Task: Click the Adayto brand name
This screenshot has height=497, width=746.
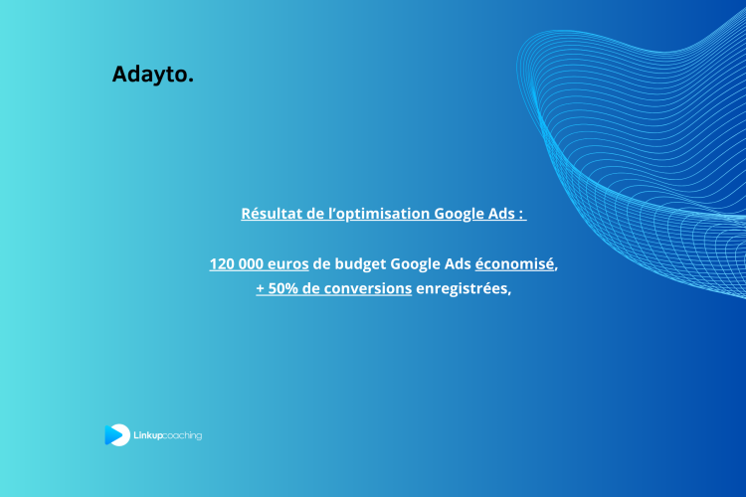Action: pyautogui.click(x=149, y=75)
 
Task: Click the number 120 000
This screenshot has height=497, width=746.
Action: pyautogui.click(x=237, y=264)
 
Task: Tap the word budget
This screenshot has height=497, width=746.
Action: pyautogui.click(x=361, y=264)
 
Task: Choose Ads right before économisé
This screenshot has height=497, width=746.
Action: pyautogui.click(x=459, y=264)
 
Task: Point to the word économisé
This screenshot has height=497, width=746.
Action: pyautogui.click(x=514, y=264)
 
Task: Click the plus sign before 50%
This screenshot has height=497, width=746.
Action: pyautogui.click(x=261, y=289)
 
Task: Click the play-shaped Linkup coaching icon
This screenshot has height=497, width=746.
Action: pyautogui.click(x=116, y=434)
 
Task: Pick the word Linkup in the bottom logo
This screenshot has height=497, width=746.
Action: pyautogui.click(x=148, y=435)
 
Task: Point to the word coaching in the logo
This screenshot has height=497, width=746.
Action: pyautogui.click(x=183, y=435)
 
